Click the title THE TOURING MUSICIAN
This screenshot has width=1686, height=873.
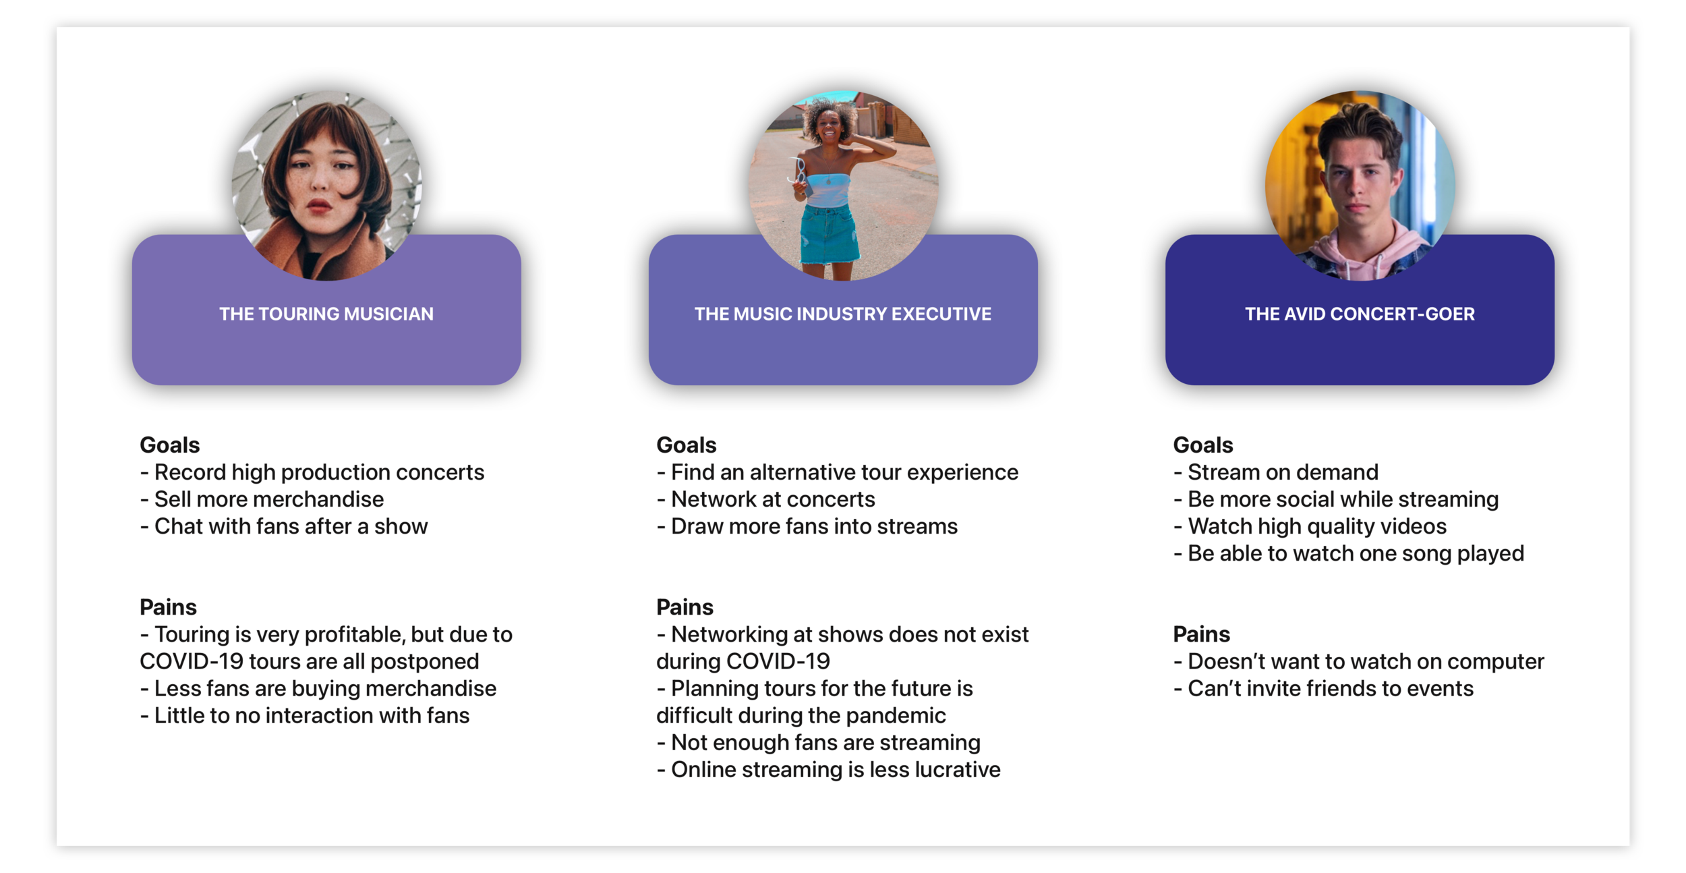pyautogui.click(x=326, y=314)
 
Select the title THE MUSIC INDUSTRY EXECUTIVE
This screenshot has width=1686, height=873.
pyautogui.click(x=843, y=314)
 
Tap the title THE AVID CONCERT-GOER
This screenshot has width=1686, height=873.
pyautogui.click(x=1360, y=314)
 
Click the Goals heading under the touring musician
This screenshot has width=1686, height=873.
pyautogui.click(x=170, y=445)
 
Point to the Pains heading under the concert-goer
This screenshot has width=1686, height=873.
pyautogui.click(x=1202, y=634)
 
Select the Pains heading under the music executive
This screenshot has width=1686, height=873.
pyautogui.click(x=685, y=607)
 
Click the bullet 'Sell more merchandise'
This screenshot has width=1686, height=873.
pyautogui.click(x=268, y=499)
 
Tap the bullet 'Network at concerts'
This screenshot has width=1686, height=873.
pyautogui.click(x=773, y=499)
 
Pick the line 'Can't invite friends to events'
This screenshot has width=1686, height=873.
pyautogui.click(x=1331, y=688)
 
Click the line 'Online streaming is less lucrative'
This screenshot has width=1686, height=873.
pyautogui.click(x=836, y=769)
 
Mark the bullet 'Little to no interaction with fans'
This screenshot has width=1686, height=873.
pyautogui.click(x=312, y=715)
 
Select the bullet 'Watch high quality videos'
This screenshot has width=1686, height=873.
pyautogui.click(x=1317, y=526)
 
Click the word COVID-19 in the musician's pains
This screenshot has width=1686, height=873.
pyautogui.click(x=192, y=661)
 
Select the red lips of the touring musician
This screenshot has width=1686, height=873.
pyautogui.click(x=319, y=205)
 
